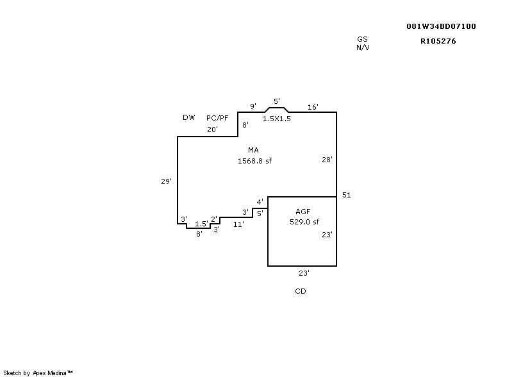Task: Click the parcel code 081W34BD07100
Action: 441,26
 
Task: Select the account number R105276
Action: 438,41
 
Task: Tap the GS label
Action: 362,40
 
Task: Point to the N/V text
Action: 362,47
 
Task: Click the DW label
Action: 188,117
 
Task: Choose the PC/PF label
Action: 217,118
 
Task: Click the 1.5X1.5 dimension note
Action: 277,119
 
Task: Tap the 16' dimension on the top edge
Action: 313,107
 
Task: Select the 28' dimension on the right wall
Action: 327,160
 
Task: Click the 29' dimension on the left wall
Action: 166,181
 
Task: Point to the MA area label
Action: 254,150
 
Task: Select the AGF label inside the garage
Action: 303,211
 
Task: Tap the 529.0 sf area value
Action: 304,221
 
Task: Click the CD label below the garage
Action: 300,291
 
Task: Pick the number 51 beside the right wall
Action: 347,195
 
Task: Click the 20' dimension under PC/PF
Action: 212,130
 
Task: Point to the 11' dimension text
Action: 238,224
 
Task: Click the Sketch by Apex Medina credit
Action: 38,372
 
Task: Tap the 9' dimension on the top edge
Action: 253,106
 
